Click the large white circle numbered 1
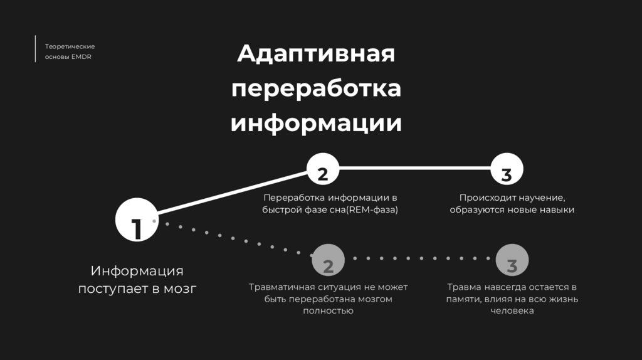pyautogui.click(x=136, y=220)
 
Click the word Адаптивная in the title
pyautogui.click(x=316, y=54)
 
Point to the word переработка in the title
pyautogui.click(x=316, y=88)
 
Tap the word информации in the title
pyautogui.click(x=316, y=123)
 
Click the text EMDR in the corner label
pyautogui.click(x=82, y=57)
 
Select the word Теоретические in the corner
pyautogui.click(x=70, y=46)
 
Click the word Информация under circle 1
pyautogui.click(x=137, y=271)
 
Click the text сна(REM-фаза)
pyautogui.click(x=365, y=209)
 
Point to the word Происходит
pyautogui.click(x=487, y=197)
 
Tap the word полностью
pyautogui.click(x=328, y=310)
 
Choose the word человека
pyautogui.click(x=512, y=310)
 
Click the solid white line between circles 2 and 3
pyautogui.click(x=414, y=168)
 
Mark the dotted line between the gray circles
pyautogui.click(x=420, y=258)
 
